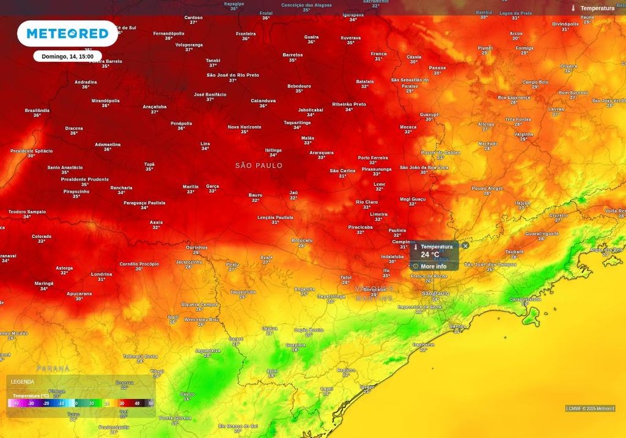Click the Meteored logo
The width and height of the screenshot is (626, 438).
(67, 33)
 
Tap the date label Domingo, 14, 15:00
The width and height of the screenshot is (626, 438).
(67, 56)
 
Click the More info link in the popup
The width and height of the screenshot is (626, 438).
(433, 266)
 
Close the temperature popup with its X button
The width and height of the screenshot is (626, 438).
(465, 246)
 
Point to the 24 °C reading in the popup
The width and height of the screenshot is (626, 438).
(430, 254)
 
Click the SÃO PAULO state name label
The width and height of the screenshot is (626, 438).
(259, 166)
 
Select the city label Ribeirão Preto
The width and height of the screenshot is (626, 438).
(348, 105)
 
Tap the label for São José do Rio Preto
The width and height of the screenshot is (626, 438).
(232, 75)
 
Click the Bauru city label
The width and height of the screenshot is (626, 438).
(256, 195)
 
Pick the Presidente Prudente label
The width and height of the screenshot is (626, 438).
(84, 179)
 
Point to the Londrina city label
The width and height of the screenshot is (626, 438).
(101, 274)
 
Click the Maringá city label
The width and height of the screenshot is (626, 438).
(44, 284)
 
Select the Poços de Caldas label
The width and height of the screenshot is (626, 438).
(440, 152)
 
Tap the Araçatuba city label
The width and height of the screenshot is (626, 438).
(155, 106)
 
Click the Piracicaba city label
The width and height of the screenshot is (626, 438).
(360, 227)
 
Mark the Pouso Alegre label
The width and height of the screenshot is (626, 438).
(487, 188)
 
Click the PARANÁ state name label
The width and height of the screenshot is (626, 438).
(53, 369)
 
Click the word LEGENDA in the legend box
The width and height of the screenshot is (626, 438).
(23, 382)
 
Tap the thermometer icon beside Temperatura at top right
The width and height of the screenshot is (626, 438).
(573, 8)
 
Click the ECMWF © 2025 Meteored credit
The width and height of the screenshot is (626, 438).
(590, 409)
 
